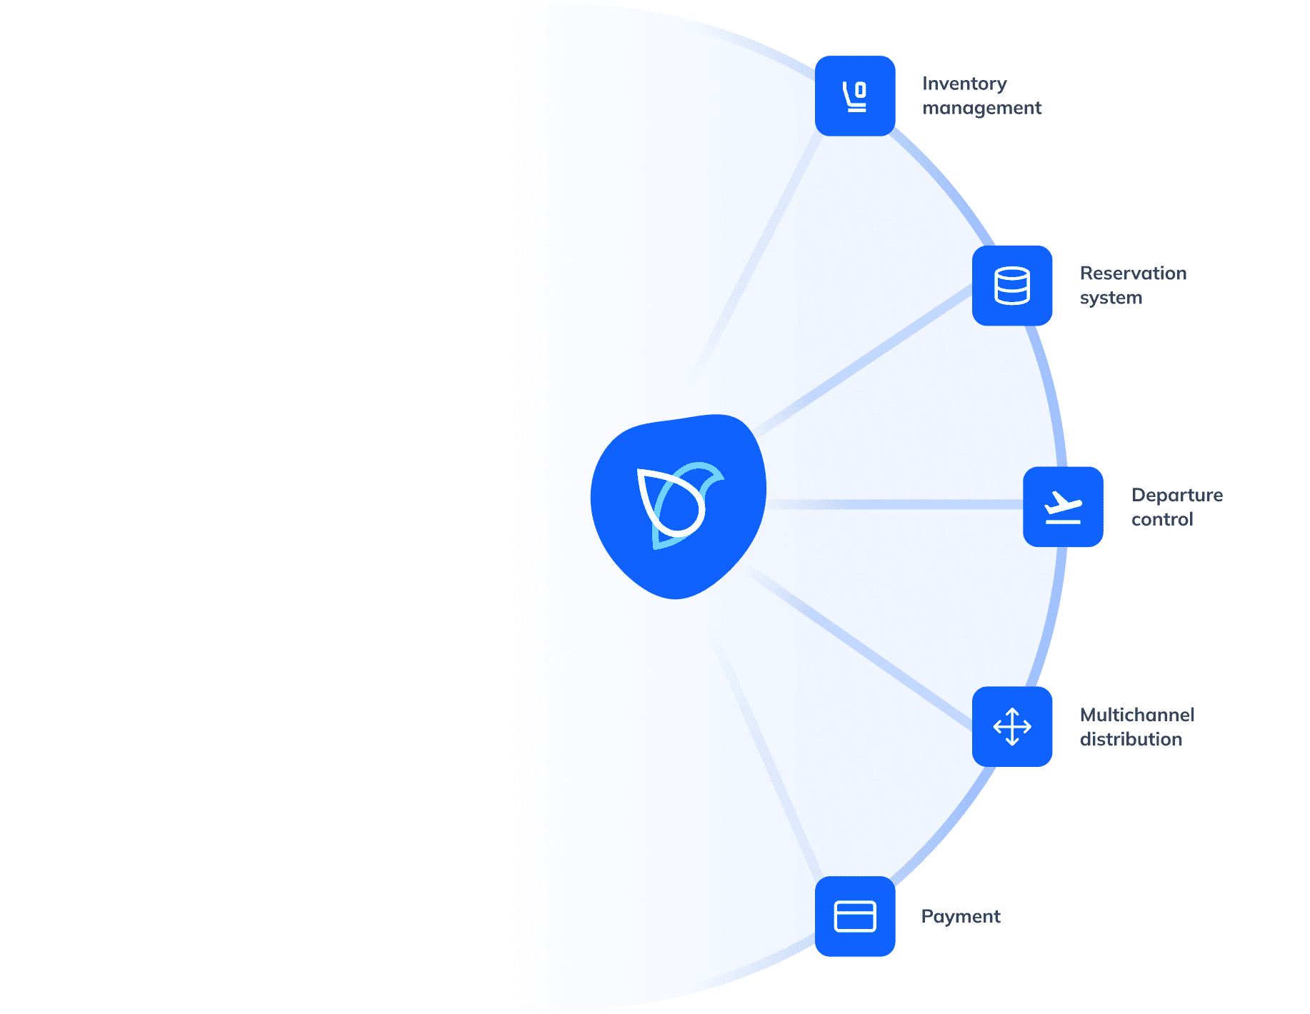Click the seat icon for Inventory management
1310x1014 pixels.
(x=855, y=96)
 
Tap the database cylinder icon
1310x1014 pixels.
(x=1012, y=286)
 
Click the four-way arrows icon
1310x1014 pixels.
(x=1012, y=727)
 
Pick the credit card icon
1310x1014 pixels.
(x=855, y=917)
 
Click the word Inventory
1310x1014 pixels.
(x=964, y=84)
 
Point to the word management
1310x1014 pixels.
(x=981, y=108)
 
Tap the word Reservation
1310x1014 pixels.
(x=1133, y=273)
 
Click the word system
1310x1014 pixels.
(x=1111, y=298)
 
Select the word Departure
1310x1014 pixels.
(x=1176, y=495)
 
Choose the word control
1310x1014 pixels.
(x=1162, y=519)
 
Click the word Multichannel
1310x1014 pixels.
(x=1136, y=715)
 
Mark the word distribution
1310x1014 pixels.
(x=1131, y=739)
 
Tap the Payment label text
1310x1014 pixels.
(x=960, y=916)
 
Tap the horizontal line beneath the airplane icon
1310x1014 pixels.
(x=1064, y=522)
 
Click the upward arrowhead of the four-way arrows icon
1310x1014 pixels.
(x=1012, y=711)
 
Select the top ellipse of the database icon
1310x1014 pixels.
(x=1012, y=273)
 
